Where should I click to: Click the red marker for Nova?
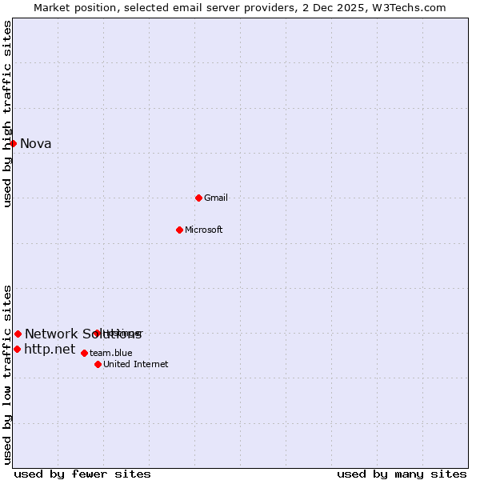pos(14,143)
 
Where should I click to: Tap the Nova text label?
pos(35,144)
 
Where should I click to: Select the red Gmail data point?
pos(198,198)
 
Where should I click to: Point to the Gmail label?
pos(216,198)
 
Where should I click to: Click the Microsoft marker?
pos(179,230)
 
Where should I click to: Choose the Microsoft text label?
pos(204,230)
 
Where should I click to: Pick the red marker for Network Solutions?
pos(18,334)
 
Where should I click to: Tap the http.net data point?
pos(17,349)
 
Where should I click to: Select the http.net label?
pos(50,350)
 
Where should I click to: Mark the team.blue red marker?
pos(84,353)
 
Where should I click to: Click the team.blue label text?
pos(111,353)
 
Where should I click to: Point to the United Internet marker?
pos(98,364)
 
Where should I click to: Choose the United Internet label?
pos(136,365)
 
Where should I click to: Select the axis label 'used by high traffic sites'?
pos(8,114)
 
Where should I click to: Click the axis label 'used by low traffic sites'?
pos(8,374)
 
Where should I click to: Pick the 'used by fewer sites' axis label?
pos(82,474)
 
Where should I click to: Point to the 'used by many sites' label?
pos(402,474)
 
